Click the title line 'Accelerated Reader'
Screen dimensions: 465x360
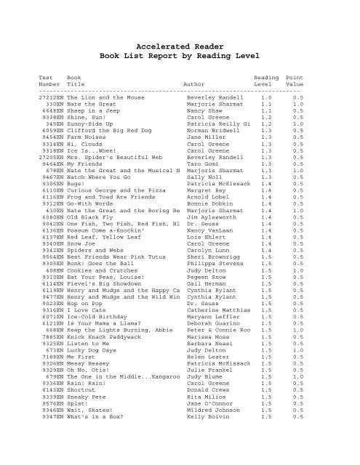point(180,44)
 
